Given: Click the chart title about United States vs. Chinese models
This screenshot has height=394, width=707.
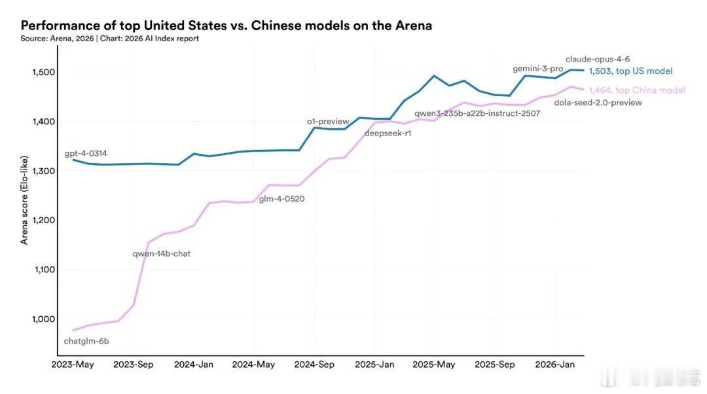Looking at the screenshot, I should point(226,26).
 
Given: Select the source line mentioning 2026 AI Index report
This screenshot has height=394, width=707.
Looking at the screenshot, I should point(109,39).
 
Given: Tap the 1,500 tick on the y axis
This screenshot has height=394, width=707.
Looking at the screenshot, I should point(45,72).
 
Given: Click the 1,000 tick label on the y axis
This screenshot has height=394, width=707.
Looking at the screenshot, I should point(45,319).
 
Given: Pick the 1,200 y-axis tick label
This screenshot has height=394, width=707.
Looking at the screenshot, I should point(45,220).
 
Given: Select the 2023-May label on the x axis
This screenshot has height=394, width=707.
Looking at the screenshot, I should point(73,365).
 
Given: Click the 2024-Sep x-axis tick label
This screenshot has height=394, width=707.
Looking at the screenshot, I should point(314,365).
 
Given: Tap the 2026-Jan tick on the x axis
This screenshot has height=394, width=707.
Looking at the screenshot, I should point(555,365).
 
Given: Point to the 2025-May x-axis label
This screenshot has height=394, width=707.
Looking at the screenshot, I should point(435,365).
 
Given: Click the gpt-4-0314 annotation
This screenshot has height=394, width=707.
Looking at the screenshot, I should point(86,154).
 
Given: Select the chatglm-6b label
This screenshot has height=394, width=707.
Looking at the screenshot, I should point(86,341).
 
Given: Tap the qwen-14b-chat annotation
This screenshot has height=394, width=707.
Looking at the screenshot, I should point(161,253).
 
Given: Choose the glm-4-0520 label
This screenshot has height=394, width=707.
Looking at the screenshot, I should point(281,199).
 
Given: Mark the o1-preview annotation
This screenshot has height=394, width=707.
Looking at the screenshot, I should point(328,122).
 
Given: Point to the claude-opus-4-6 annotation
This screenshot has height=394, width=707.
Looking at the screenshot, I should point(598,59).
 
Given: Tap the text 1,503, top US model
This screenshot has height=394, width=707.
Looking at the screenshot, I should point(630,71).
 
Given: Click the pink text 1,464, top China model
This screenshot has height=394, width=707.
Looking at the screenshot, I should point(636,90).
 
